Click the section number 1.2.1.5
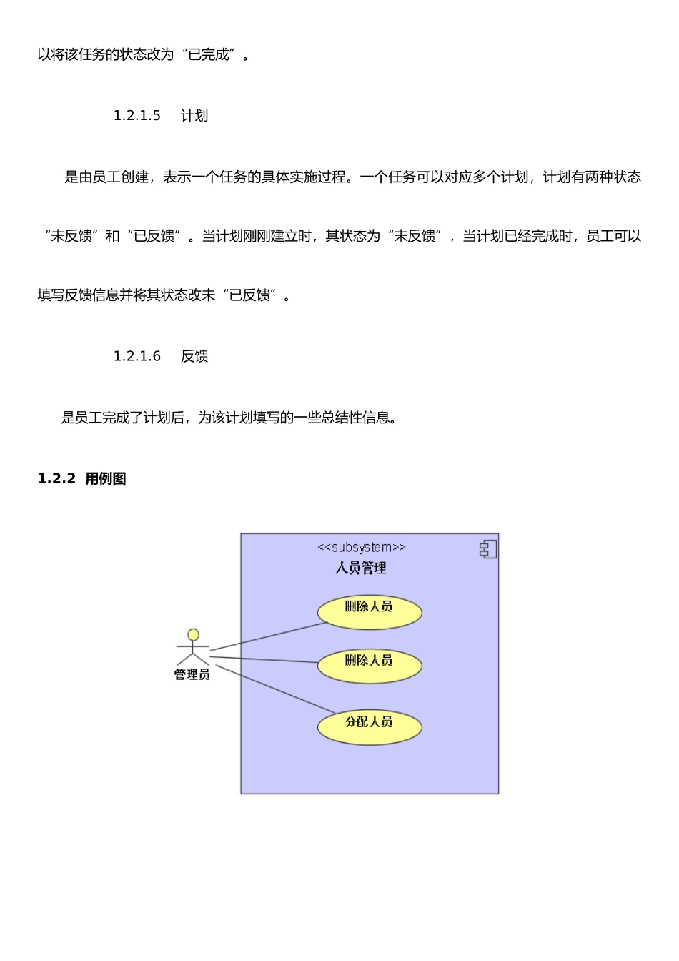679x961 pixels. [x=137, y=116]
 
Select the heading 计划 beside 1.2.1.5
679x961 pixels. [x=194, y=116]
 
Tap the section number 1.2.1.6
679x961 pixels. [x=137, y=356]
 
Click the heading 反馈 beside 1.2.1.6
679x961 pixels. [x=194, y=356]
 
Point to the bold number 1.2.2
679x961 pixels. [x=56, y=479]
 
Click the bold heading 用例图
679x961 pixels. [x=106, y=479]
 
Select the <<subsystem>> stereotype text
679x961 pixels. [x=362, y=548]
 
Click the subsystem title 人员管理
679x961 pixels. [x=361, y=568]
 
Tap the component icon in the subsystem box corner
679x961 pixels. [x=488, y=549]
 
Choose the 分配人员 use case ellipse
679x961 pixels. [x=370, y=728]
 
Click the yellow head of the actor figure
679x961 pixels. [x=193, y=635]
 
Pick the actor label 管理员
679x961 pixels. [x=192, y=675]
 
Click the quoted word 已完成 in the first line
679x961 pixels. [x=209, y=55]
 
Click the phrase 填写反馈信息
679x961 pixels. [x=79, y=295]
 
